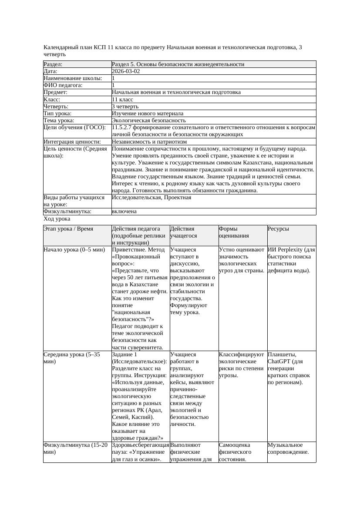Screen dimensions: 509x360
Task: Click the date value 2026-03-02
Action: pos(126,71)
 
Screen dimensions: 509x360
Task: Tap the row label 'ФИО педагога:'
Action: pos(63,85)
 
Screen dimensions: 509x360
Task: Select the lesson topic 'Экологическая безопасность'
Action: pos(149,120)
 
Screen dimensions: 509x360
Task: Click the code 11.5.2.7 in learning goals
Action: pos(123,127)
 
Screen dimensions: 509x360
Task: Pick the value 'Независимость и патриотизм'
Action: pos(149,141)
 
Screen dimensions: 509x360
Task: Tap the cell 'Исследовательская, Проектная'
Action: pos(151,198)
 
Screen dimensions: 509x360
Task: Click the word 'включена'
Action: pos(124,211)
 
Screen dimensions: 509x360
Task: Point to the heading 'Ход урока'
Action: pos(57,219)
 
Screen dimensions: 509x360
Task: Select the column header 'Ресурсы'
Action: pos(278,229)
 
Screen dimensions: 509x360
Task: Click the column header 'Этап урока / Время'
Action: pos(68,229)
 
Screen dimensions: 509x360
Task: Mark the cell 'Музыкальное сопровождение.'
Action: pos(288,449)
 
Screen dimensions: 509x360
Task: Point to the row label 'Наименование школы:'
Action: pos(73,78)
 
